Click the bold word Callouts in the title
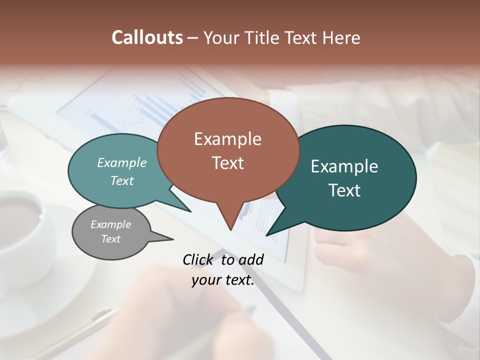coord(147,37)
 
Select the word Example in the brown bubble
coord(227,139)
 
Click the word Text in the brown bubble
coord(227,163)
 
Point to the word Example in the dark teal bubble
coord(344,166)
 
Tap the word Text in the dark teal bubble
coord(344,190)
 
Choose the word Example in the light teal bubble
coord(122,162)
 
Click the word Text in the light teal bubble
coord(122,180)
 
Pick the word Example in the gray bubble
coord(110,224)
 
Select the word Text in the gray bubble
coord(110,239)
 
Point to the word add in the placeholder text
coord(250,259)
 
